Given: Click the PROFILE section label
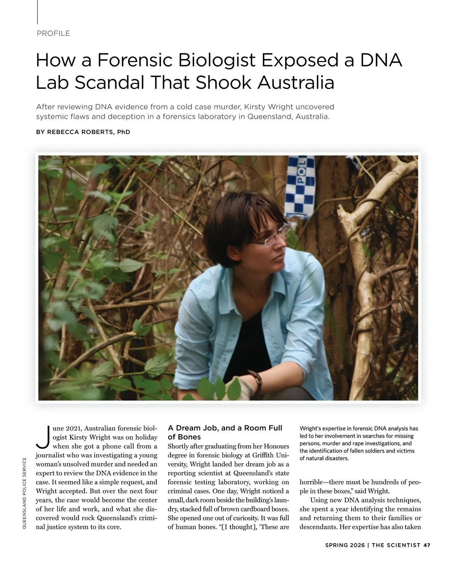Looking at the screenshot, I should pos(53,33).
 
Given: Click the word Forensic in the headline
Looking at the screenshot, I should pos(135,60).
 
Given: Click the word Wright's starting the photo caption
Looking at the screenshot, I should pos(311,429).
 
